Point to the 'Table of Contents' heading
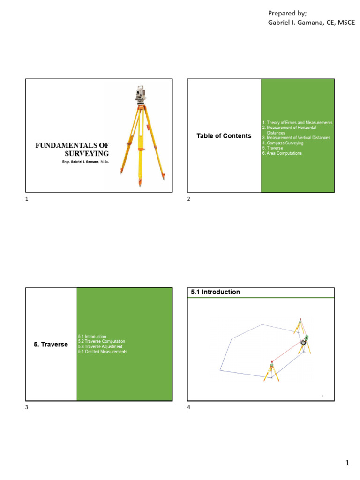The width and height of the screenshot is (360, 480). pos(224,136)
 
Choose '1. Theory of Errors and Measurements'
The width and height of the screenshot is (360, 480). pos(297,123)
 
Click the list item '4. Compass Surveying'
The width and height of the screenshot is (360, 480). pos(283,143)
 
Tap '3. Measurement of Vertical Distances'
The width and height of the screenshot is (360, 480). pos(296,138)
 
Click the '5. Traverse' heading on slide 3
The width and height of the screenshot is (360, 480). pos(51,344)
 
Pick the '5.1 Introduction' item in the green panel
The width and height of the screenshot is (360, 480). pos(92,337)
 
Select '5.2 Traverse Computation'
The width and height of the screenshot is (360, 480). pos(101,341)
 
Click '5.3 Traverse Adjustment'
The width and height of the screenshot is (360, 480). pos(100,346)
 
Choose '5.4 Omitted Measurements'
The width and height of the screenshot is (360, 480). pos(102,352)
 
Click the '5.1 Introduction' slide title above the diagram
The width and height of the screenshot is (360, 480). pos(215,292)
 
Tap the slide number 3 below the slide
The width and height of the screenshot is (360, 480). pos(27,407)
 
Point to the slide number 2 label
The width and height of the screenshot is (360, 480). pos(189,199)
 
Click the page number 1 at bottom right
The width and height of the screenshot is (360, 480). pos(347,463)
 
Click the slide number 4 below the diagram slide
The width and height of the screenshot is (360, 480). pos(189,407)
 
